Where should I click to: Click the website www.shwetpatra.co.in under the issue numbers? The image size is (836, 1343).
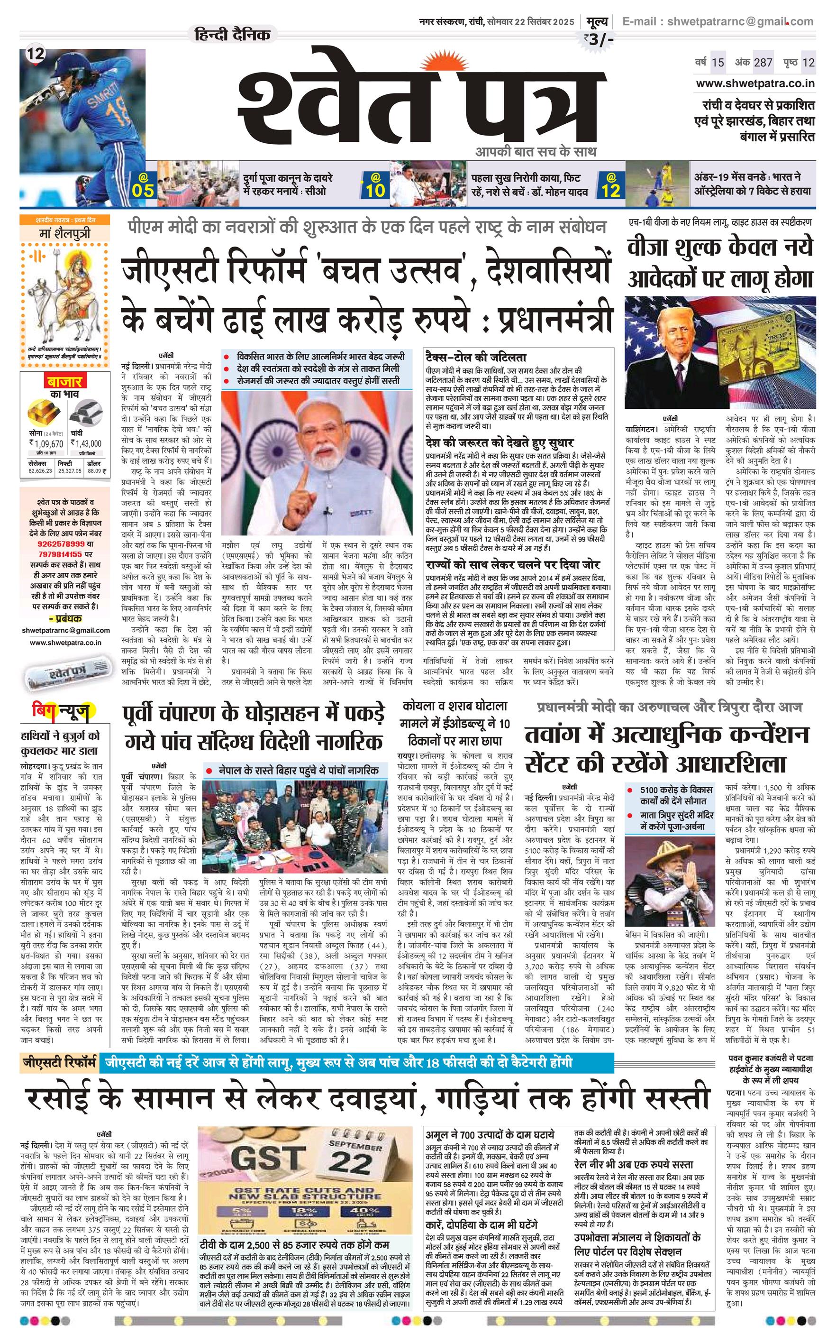[x=754, y=83]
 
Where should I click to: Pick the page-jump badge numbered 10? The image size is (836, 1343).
[x=375, y=186]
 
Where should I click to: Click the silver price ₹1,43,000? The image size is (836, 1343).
[x=86, y=443]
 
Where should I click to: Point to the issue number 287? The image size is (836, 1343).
[x=763, y=63]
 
